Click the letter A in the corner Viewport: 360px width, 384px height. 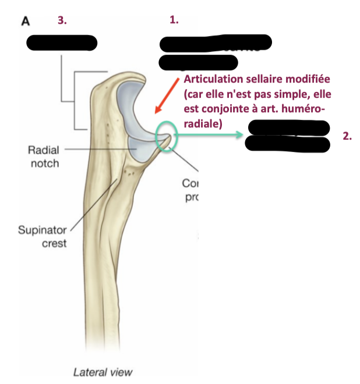(x=25, y=21)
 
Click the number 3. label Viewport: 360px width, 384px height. (x=62, y=20)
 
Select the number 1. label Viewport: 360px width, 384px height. (x=174, y=20)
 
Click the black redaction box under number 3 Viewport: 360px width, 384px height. (x=61, y=43)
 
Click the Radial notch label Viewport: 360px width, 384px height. (x=44, y=157)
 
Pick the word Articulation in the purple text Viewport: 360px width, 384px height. (x=212, y=80)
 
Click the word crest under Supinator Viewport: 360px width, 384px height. (x=54, y=244)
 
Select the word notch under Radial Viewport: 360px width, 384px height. (x=45, y=163)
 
